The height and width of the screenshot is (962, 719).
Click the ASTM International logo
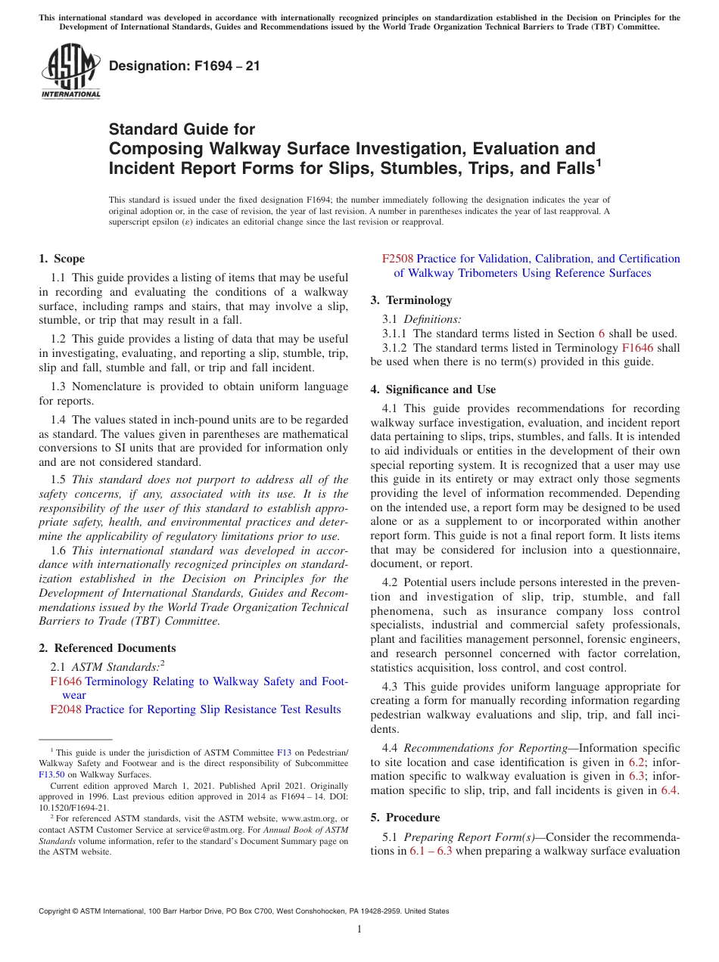click(x=70, y=71)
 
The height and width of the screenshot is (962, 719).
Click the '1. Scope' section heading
click(x=62, y=259)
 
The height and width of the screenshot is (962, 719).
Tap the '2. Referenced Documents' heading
click(x=107, y=648)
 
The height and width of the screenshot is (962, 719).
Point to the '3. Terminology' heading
click(x=411, y=300)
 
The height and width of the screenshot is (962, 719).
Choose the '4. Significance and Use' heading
click(x=433, y=389)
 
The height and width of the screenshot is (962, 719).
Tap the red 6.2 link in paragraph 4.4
click(x=637, y=762)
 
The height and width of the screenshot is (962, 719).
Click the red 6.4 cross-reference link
click(x=669, y=790)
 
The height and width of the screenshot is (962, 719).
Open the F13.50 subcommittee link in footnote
click(x=51, y=774)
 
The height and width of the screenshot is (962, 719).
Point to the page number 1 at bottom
click(x=359, y=929)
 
